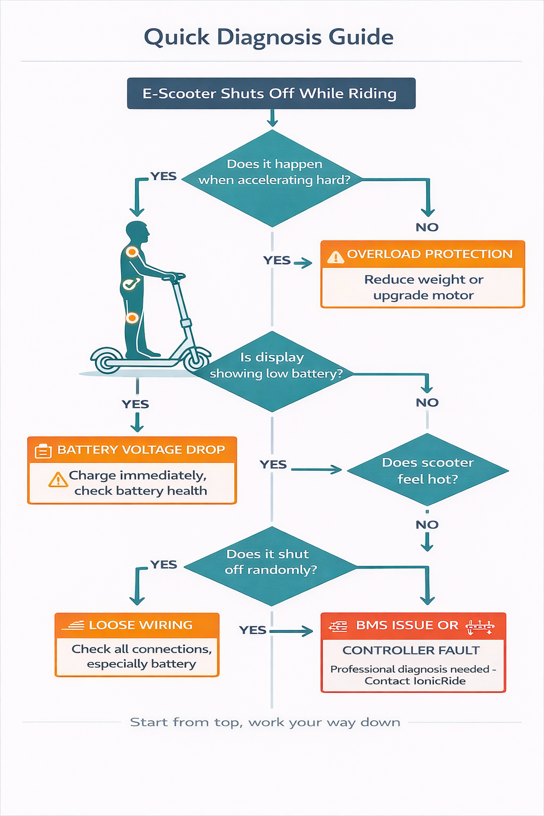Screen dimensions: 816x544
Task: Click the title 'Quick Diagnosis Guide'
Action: (x=269, y=37)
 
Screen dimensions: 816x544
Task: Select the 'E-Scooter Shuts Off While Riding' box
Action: (x=271, y=93)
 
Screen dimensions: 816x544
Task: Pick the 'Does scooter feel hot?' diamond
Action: (x=428, y=470)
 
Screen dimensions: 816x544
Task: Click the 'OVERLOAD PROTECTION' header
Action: (x=429, y=254)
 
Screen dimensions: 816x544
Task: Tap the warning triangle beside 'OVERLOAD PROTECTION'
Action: (x=335, y=257)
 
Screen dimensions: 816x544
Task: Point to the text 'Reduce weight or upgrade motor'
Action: (x=423, y=287)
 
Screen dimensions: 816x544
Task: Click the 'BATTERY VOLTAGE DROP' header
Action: (x=141, y=449)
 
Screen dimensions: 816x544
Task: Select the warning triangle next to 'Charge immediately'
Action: (x=57, y=480)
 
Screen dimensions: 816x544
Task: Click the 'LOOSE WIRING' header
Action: (x=140, y=625)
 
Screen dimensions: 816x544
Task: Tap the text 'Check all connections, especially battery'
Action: (x=141, y=657)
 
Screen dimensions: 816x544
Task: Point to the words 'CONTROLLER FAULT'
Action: (x=411, y=650)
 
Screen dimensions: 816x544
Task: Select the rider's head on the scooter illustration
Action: (x=137, y=232)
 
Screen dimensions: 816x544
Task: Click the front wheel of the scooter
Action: (x=196, y=360)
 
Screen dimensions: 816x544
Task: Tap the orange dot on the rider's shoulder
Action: (x=132, y=252)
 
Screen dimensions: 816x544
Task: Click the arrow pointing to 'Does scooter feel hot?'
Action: (x=317, y=470)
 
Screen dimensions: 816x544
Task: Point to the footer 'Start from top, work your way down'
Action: (x=265, y=722)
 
